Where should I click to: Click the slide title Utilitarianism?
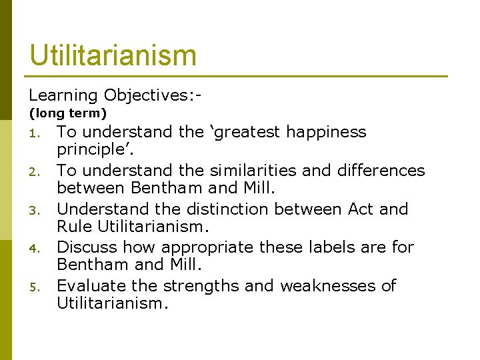[x=113, y=55]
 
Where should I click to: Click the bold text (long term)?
[x=67, y=114]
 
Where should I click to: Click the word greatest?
[x=249, y=132]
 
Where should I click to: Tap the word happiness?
[x=329, y=132]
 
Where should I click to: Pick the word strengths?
[x=199, y=286]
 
